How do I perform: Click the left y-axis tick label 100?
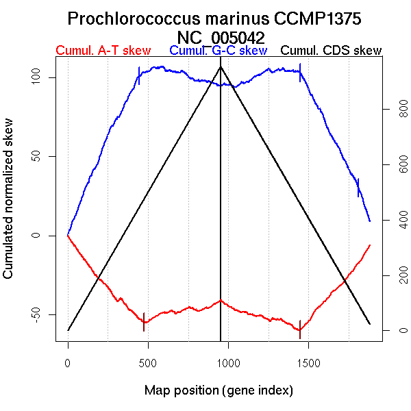[39, 77]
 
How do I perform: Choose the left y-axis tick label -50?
[39, 314]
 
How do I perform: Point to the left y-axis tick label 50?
[39, 156]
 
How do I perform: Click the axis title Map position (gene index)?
[219, 391]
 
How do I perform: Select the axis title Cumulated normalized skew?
[9, 206]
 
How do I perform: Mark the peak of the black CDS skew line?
[220, 66]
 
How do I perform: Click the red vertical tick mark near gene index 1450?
[300, 325]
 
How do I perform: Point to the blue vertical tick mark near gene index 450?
[139, 75]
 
